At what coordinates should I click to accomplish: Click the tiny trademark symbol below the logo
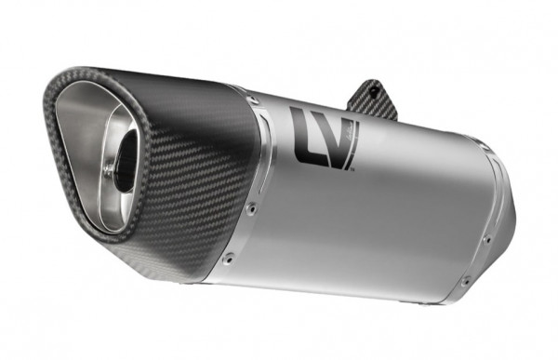coord(352,171)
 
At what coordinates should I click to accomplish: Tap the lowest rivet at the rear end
coord(466,280)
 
